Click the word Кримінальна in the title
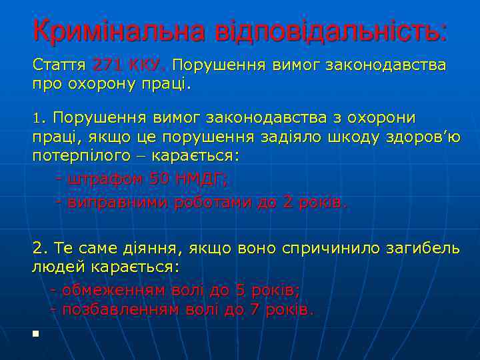(x=119, y=31)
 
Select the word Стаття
(x=59, y=66)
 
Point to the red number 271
(x=109, y=66)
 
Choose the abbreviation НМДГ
(x=200, y=179)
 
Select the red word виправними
(x=117, y=203)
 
